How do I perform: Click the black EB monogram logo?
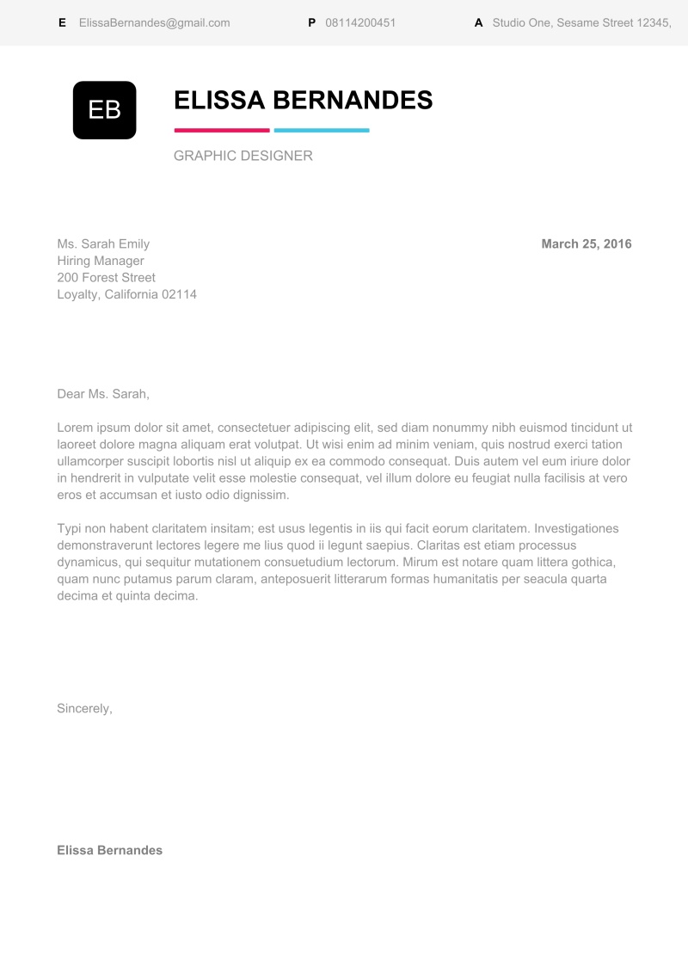(104, 110)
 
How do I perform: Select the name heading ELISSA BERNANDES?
(303, 101)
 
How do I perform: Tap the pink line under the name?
(222, 131)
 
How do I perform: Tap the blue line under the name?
(321, 131)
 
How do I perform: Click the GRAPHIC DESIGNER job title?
(243, 156)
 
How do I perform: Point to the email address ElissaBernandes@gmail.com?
(154, 23)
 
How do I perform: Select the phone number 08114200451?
(360, 23)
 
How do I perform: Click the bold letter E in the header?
(62, 23)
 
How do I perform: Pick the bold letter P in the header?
(311, 23)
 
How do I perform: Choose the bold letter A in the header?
(478, 23)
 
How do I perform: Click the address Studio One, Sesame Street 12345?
(581, 23)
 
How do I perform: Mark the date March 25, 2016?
(587, 244)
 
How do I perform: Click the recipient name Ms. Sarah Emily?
(103, 244)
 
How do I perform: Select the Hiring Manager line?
(101, 261)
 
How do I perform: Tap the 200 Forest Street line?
(106, 278)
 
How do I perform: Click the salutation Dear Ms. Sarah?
(103, 394)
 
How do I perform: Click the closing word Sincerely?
(84, 709)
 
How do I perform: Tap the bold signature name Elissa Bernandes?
(109, 850)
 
